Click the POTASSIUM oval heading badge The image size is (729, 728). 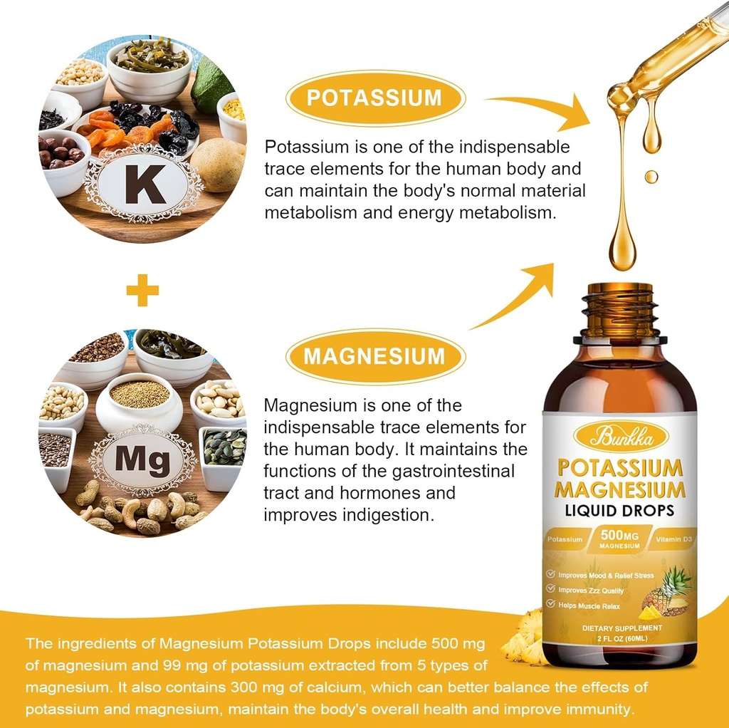(x=374, y=98)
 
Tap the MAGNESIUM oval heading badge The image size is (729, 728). (x=375, y=355)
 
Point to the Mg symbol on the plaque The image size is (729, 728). (x=142, y=462)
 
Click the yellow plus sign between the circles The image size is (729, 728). (x=142, y=290)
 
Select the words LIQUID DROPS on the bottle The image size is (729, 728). (x=620, y=511)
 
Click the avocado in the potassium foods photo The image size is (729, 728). (x=212, y=83)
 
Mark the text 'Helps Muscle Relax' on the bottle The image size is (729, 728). (x=589, y=606)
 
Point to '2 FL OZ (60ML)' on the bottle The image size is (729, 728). (x=619, y=638)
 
